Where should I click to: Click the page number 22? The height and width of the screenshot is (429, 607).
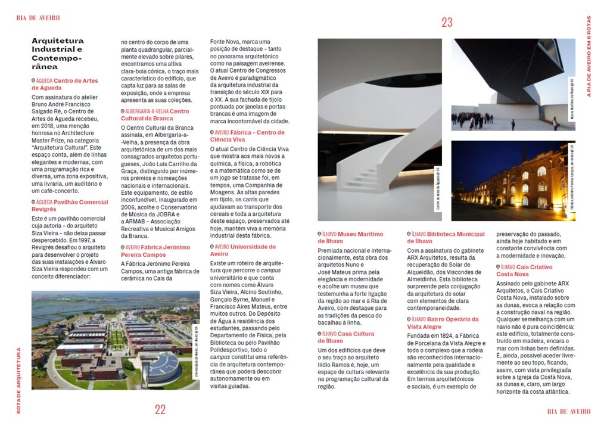click(x=160, y=409)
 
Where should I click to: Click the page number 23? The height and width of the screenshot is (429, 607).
click(x=447, y=23)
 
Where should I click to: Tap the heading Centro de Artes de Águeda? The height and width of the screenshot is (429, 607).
click(x=65, y=84)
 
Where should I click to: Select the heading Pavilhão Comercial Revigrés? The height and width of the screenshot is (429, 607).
click(x=70, y=206)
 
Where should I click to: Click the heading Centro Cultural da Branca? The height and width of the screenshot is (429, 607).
click(x=155, y=115)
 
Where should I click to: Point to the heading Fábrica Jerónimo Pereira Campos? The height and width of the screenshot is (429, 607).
click(x=152, y=251)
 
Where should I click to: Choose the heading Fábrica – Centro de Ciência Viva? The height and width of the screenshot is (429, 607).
click(x=247, y=136)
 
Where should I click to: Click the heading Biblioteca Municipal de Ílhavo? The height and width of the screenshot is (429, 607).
click(x=446, y=238)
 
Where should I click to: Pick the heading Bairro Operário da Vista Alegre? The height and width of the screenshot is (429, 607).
click(x=443, y=323)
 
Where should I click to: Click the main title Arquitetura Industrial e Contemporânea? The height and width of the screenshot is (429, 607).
click(x=58, y=54)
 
